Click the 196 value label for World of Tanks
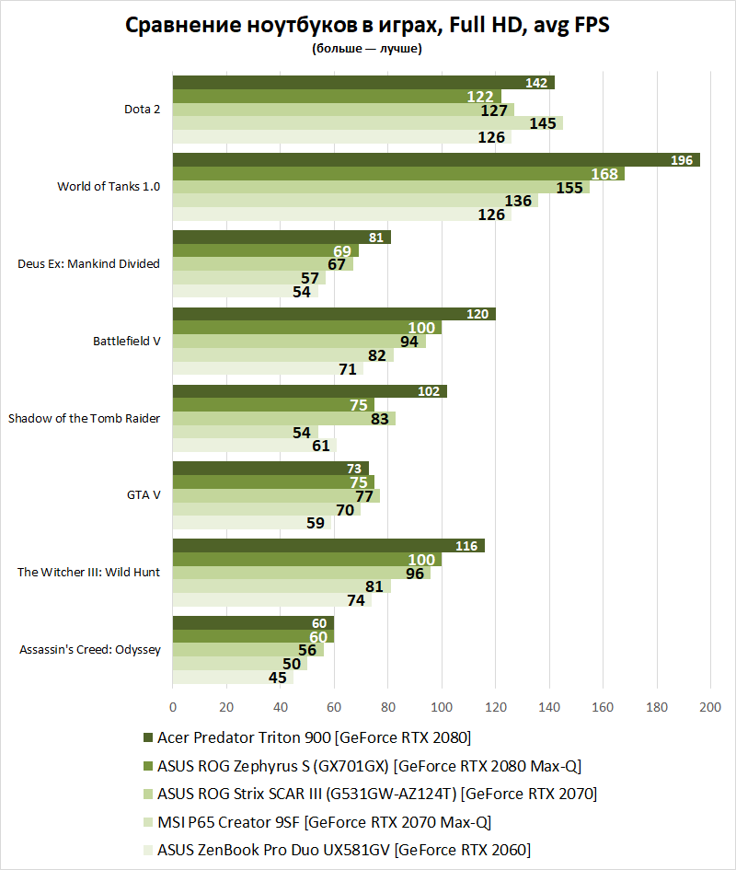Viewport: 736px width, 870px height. pos(682,160)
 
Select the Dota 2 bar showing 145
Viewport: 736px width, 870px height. pos(368,123)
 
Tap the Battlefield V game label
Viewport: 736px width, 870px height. pos(127,341)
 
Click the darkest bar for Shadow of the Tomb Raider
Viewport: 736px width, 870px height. pos(309,391)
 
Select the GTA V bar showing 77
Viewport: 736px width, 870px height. pos(276,496)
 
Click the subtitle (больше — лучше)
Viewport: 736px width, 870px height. pos(367,50)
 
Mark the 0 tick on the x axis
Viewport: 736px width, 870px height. pos(173,707)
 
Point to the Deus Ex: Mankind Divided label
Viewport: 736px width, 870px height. pos(89,263)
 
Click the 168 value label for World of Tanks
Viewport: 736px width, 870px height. pos(604,174)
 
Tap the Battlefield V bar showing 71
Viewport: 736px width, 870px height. pos(266,369)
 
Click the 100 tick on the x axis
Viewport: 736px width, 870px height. pos(442,707)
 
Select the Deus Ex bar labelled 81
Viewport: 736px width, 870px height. pos(282,238)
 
